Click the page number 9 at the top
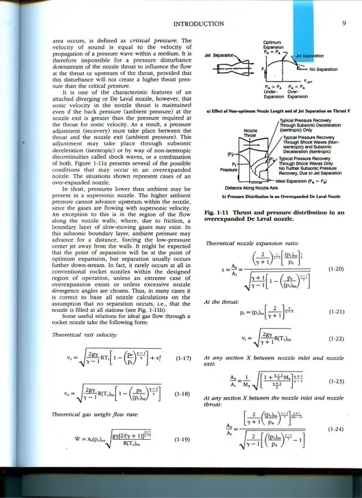pos(343,24)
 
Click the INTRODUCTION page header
pos(198,25)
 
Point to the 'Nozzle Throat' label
pos(251,133)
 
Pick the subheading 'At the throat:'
pos(222,302)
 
